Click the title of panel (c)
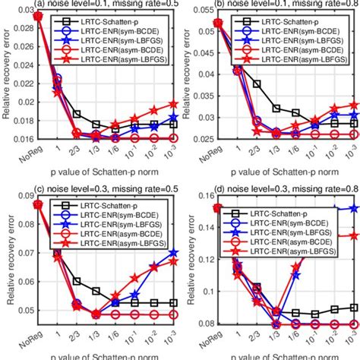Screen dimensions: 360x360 [x=99, y=188]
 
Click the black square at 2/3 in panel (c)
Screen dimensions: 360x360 [x=77, y=281]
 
